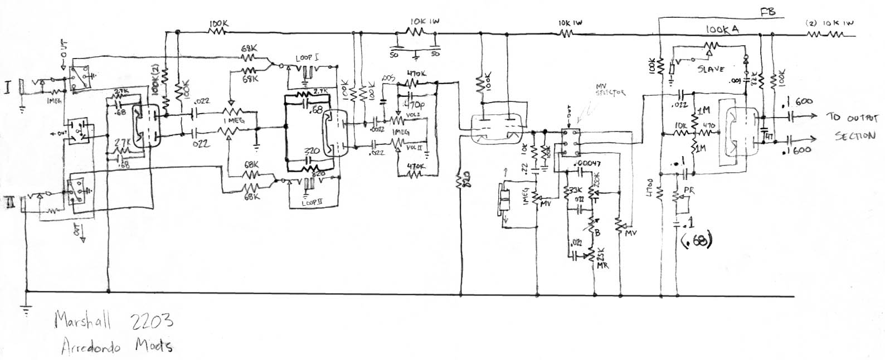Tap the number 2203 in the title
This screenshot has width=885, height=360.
point(150,322)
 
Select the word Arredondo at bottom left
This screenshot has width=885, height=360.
point(90,346)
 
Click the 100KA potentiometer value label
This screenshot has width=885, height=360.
point(722,31)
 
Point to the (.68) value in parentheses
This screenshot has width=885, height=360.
point(696,241)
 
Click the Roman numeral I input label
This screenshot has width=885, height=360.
point(9,89)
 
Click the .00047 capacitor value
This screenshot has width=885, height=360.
point(591,162)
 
